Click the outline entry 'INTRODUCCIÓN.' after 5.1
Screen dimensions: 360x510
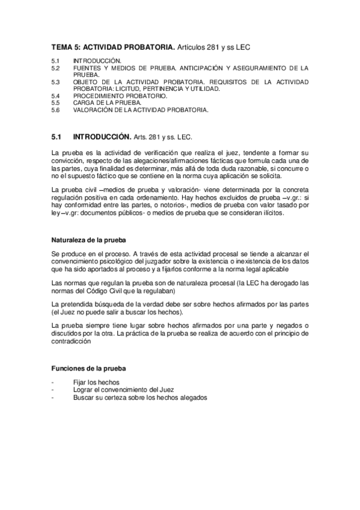click(x=97, y=61)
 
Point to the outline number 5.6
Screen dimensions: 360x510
click(x=55, y=110)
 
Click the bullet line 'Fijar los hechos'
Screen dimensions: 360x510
click(x=96, y=382)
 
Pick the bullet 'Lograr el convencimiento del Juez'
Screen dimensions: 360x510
click(x=122, y=390)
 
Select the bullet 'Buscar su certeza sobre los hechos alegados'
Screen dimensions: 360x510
click(x=139, y=398)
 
